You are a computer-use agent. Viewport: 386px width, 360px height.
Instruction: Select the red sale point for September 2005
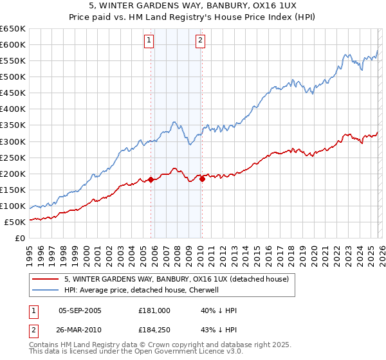[151, 179]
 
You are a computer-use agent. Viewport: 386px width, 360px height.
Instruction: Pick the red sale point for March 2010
[202, 179]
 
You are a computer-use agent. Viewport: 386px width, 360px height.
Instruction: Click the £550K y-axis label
[13, 61]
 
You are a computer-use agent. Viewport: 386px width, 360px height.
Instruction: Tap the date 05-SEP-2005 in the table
[80, 310]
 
